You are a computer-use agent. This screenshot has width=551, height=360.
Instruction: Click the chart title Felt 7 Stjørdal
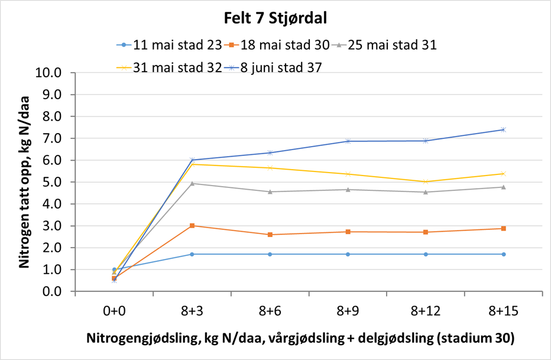click(275, 18)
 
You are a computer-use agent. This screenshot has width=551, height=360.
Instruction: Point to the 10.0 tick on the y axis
click(49, 73)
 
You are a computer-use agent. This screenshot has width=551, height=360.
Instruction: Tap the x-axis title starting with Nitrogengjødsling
click(300, 339)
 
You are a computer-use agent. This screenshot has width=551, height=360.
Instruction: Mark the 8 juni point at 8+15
click(503, 129)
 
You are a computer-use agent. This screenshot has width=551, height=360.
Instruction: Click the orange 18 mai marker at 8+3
click(192, 226)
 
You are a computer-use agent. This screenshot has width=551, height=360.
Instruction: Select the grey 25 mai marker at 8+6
click(270, 192)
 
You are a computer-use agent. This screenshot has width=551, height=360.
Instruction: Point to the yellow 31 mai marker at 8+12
click(426, 181)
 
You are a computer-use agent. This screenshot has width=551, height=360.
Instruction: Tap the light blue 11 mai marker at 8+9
click(348, 254)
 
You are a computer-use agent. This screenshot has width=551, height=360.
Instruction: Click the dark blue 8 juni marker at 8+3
click(192, 160)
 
